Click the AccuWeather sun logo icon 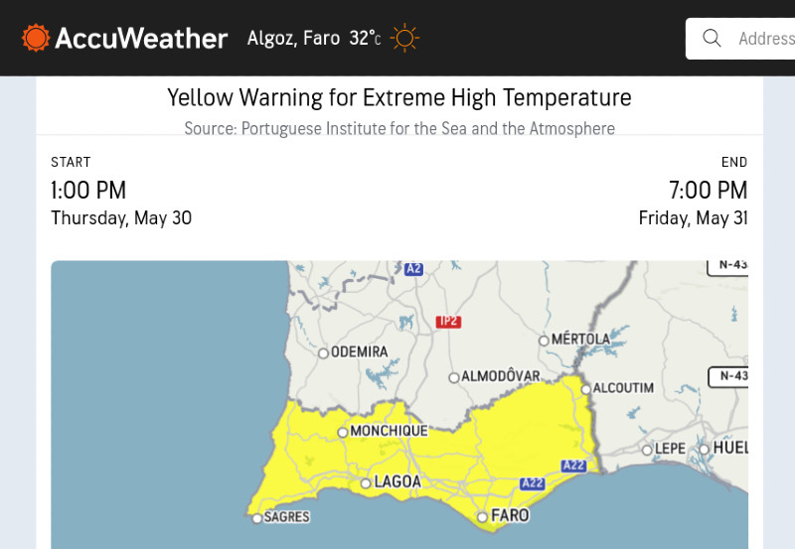[x=36, y=38]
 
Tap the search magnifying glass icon [x=712, y=38]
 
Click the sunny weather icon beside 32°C [x=404, y=39]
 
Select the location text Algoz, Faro [x=293, y=39]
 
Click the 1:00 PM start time [x=88, y=190]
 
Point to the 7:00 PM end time [x=709, y=190]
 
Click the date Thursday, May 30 [x=121, y=218]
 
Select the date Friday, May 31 [x=693, y=218]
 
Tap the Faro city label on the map [x=509, y=516]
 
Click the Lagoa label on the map [x=397, y=482]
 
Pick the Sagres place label [x=286, y=517]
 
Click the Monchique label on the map [x=389, y=432]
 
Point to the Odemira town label [x=359, y=351]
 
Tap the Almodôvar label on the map [x=500, y=376]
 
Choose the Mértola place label [x=580, y=340]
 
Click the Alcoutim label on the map [x=623, y=388]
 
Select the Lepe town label [x=670, y=449]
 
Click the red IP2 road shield [x=449, y=322]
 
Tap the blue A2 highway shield [x=414, y=268]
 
